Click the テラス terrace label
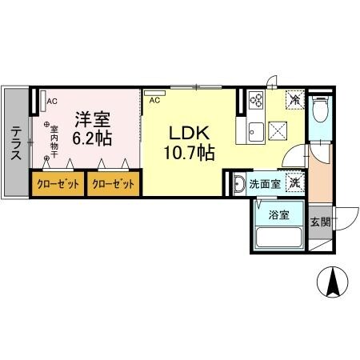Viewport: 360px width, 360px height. click(16, 144)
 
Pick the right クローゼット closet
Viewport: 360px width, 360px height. click(113, 184)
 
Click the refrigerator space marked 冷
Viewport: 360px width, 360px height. click(295, 101)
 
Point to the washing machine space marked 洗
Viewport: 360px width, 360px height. click(294, 182)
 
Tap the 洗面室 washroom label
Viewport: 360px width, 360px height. click(264, 184)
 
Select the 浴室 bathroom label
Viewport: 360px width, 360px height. click(278, 214)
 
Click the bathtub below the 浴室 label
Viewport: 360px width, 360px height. click(278, 238)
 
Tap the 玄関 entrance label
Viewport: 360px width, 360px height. click(320, 222)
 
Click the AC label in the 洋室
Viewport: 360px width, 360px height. click(52, 102)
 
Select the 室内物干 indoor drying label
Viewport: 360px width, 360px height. click(54, 142)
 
